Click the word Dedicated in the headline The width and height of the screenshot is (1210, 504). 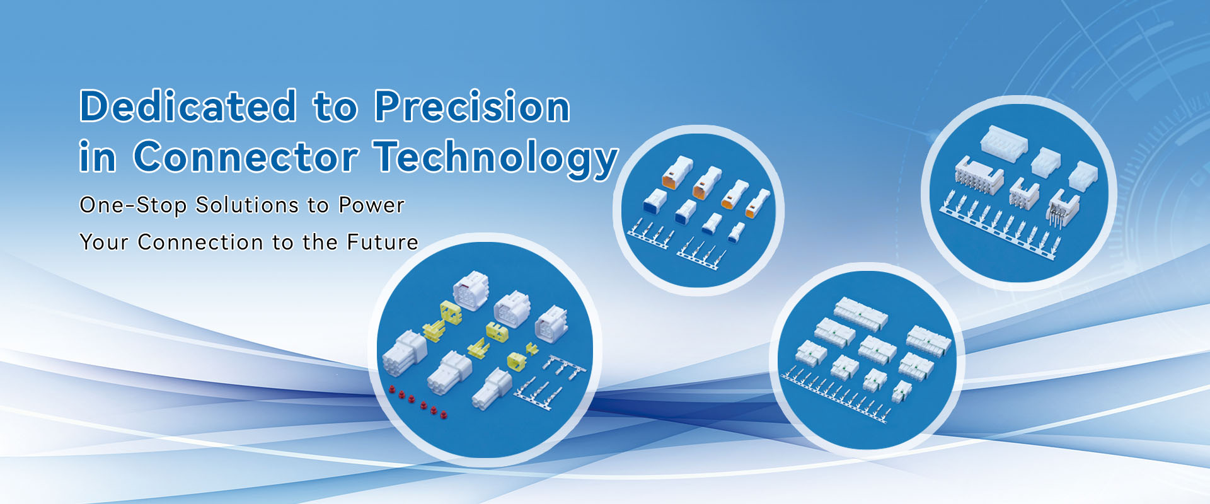[x=188, y=106]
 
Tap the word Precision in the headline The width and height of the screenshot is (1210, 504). [x=472, y=106]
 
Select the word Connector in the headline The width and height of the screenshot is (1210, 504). [x=246, y=156]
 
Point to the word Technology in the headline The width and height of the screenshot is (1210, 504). [x=495, y=159]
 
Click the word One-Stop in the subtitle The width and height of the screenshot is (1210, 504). [x=133, y=205]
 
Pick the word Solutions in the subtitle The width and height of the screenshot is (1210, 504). [x=247, y=205]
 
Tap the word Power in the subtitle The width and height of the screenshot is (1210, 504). [x=371, y=205]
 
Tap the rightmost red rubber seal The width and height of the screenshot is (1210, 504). [x=444, y=414]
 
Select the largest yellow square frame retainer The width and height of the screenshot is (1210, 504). [x=451, y=312]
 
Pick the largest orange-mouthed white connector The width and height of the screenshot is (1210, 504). [x=676, y=173]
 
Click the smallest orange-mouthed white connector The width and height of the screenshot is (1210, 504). [x=758, y=203]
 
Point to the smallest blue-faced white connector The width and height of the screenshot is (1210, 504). [x=736, y=232]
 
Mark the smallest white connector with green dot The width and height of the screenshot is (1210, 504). [x=902, y=391]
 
